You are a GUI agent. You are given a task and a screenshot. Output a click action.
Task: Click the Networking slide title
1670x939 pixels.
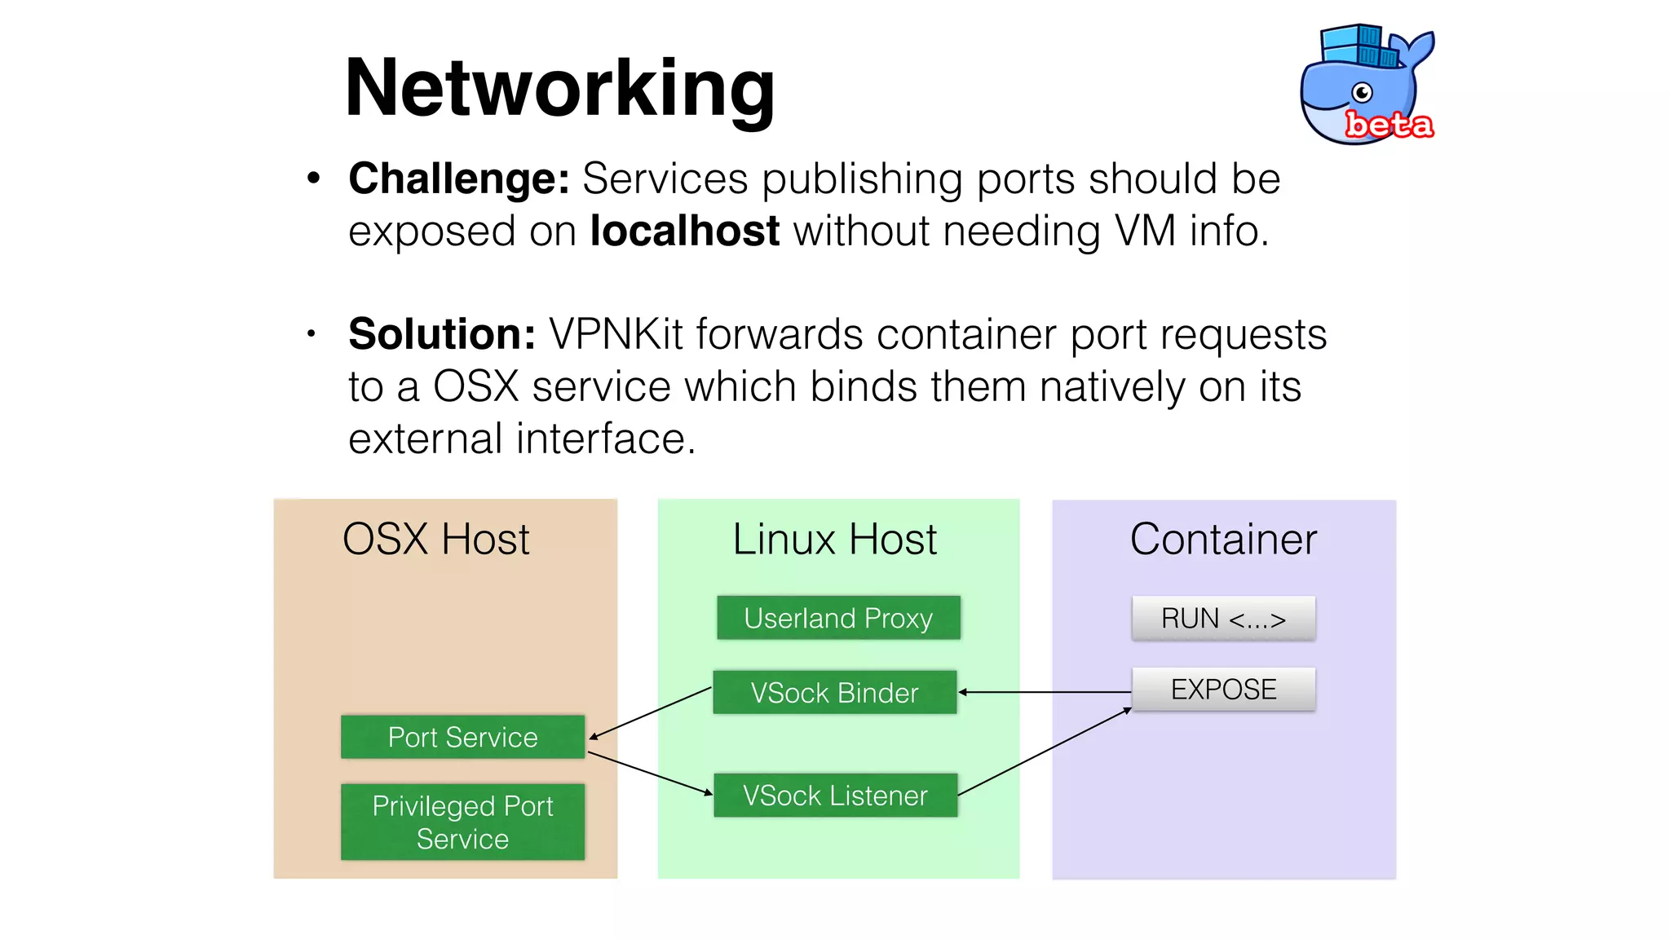559,88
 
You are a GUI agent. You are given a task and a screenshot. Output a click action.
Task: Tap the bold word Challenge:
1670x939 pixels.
458,179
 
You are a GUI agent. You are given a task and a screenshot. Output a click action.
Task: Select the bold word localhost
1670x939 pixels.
685,231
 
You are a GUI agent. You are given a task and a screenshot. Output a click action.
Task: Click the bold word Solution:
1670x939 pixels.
441,334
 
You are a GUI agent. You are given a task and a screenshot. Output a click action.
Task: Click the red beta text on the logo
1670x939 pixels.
1388,125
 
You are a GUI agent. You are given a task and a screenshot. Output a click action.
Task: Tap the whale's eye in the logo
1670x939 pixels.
1362,92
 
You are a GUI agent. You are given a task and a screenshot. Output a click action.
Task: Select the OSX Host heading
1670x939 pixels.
435,540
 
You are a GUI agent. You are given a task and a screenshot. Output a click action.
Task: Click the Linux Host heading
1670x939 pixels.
834,540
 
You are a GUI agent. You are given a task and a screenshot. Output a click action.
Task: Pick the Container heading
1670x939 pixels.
1223,540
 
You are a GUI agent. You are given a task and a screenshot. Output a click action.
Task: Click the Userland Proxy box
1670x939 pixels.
838,618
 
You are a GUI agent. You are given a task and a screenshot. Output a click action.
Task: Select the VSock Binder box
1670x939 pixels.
834,692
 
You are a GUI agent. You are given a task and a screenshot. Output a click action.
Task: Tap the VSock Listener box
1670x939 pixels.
835,795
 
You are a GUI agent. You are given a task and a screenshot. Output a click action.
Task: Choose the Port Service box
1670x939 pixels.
462,737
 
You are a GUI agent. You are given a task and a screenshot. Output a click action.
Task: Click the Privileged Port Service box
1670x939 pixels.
462,822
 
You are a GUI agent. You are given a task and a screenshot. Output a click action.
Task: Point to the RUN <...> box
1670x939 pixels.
1223,618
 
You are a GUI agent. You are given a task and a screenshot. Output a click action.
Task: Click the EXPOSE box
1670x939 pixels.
1223,690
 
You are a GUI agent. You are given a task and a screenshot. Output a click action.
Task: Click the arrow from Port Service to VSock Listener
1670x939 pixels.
650,773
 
